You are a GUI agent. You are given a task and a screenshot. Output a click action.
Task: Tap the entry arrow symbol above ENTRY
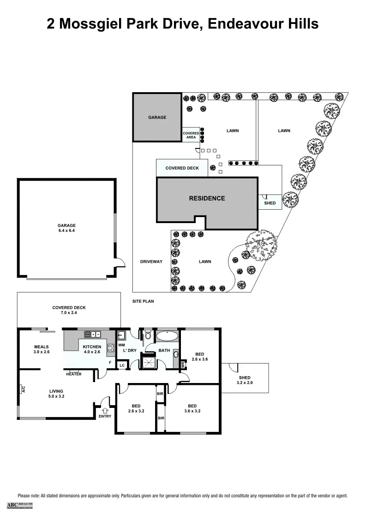tap(105, 409)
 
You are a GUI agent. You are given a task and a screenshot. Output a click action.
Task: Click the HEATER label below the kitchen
tap(73, 374)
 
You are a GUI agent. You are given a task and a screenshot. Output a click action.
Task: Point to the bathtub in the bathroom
tap(166, 336)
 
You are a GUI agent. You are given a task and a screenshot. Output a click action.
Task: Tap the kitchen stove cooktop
tap(111, 348)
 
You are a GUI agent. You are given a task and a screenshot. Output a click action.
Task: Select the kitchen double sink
tap(96, 334)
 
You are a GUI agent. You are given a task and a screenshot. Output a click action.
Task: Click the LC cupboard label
tap(122, 366)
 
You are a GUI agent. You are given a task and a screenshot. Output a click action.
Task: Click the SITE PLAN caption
tap(143, 301)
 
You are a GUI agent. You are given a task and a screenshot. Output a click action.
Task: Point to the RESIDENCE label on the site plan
tap(207, 199)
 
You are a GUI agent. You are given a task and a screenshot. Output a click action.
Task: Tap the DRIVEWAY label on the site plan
tap(151, 262)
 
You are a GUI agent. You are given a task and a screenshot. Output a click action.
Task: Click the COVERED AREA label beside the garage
tap(191, 135)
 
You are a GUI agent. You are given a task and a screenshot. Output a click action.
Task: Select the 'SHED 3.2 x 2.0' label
tap(245, 380)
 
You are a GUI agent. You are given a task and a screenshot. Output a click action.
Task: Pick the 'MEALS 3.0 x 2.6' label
tap(41, 349)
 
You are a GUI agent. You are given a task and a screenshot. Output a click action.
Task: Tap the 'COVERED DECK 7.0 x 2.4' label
tap(69, 310)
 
